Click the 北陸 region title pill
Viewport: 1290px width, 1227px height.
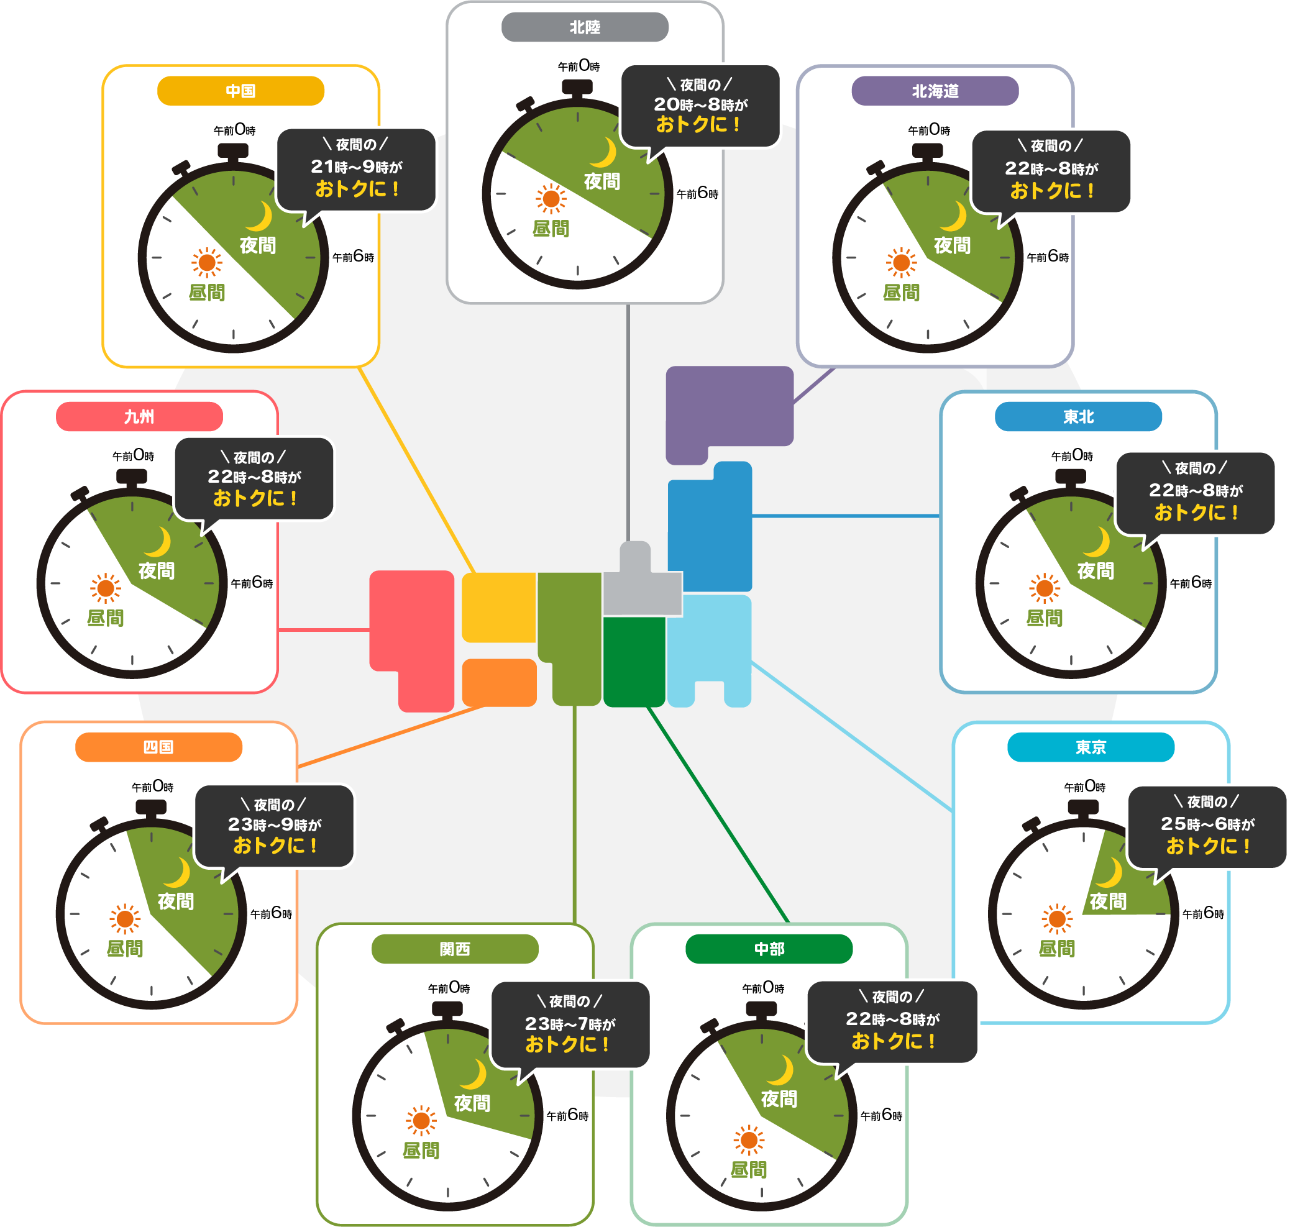585,27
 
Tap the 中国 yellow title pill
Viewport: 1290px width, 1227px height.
240,91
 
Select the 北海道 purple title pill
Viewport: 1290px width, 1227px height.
935,91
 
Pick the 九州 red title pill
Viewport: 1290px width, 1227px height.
139,417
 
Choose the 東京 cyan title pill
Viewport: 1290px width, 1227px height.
1091,747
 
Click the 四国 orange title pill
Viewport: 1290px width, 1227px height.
158,747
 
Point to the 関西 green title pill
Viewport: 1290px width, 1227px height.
455,949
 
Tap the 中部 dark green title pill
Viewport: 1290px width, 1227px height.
769,949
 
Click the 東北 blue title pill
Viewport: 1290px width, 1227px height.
1078,417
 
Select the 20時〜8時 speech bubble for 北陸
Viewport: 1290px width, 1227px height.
700,105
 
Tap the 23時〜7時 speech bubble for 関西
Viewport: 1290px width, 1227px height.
570,1024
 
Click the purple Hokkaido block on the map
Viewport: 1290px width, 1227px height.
729,407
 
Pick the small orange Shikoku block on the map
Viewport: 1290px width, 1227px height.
499,682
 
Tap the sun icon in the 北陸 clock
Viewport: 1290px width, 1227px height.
551,199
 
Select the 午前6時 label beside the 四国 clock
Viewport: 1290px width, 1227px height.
271,913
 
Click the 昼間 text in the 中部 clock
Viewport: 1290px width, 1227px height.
748,1169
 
